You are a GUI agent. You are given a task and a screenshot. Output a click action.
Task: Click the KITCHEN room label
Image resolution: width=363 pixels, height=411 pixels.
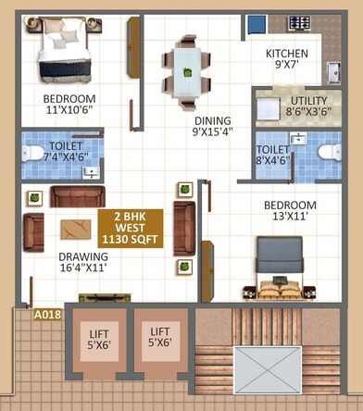[286, 54]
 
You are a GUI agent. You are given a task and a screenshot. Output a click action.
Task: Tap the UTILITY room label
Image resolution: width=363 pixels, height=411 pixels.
[307, 101]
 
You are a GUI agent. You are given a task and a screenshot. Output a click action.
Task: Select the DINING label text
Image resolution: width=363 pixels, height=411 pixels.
[212, 120]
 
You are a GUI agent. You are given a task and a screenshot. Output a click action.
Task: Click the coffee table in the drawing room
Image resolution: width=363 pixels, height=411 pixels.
[74, 229]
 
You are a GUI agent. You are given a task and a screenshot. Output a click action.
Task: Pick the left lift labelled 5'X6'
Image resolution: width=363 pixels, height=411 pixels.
[99, 340]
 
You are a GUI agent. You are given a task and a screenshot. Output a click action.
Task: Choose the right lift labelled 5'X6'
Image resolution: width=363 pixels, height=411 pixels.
[161, 340]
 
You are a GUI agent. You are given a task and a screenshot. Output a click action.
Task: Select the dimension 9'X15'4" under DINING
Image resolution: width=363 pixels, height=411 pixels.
[212, 133]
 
